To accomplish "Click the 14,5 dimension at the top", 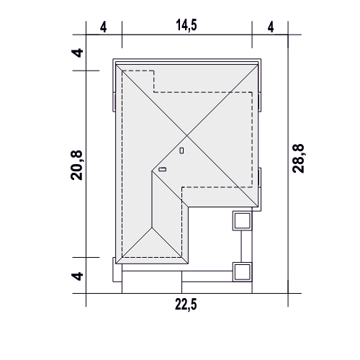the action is pyautogui.click(x=186, y=25).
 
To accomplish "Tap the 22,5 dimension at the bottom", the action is pyautogui.click(x=186, y=305).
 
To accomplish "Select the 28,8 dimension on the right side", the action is pyautogui.click(x=298, y=158).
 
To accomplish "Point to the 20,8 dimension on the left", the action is pyautogui.click(x=76, y=165).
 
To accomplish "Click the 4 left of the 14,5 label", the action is pyautogui.click(x=103, y=27).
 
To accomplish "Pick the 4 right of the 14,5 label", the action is pyautogui.click(x=271, y=27).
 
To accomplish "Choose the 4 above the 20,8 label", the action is pyautogui.click(x=77, y=53).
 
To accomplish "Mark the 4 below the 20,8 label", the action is pyautogui.click(x=77, y=276).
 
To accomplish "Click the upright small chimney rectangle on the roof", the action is pyautogui.click(x=181, y=150).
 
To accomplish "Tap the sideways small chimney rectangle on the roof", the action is pyautogui.click(x=163, y=169).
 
